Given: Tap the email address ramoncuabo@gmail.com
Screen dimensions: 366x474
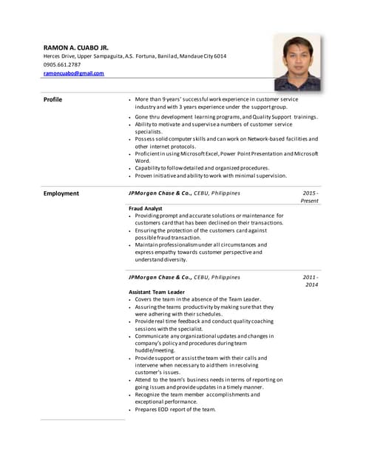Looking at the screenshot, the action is click(x=74, y=73).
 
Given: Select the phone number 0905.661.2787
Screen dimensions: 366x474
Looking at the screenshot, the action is click(x=62, y=64).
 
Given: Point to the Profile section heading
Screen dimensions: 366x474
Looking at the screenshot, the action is click(x=52, y=99).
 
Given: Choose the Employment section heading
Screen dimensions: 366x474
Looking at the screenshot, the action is click(x=61, y=193).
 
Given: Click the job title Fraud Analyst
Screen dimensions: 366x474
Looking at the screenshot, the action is click(x=146, y=209).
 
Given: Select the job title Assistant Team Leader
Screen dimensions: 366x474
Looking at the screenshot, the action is click(x=156, y=292).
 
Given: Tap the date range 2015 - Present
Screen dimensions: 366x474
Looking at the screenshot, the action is click(x=309, y=197).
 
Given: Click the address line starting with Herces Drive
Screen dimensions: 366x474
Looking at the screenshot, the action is click(x=135, y=56).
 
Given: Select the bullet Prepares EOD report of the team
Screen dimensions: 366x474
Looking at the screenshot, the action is click(x=175, y=409).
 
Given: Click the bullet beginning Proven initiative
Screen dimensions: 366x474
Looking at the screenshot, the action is click(x=211, y=176).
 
